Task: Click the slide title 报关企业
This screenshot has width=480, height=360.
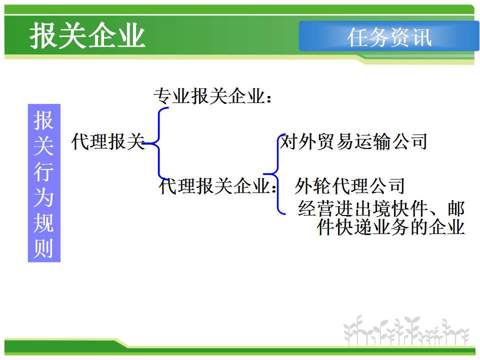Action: click(87, 35)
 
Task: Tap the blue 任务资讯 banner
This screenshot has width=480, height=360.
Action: click(389, 36)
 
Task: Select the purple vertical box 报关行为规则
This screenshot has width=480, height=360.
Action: click(44, 183)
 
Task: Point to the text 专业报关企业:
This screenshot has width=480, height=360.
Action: click(212, 96)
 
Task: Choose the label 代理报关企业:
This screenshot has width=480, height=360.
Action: click(217, 186)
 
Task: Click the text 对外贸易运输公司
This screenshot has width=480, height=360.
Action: click(353, 141)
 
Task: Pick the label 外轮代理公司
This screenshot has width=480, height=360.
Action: click(349, 186)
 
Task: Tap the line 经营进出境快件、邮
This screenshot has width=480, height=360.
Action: click(381, 208)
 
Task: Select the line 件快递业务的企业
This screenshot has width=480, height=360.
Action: click(391, 227)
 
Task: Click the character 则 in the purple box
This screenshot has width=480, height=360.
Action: click(44, 247)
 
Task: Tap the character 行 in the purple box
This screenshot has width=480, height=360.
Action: click(44, 171)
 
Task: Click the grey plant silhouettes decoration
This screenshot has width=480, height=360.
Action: click(406, 330)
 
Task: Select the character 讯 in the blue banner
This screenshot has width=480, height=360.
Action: click(421, 37)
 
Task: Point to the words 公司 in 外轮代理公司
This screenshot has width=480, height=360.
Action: click(386, 186)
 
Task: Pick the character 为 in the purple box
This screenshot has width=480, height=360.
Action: click(44, 197)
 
